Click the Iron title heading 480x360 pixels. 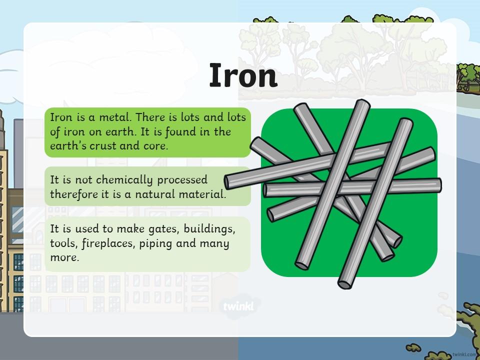(243, 75)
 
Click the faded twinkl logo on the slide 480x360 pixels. (238, 306)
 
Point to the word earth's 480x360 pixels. (68, 146)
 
